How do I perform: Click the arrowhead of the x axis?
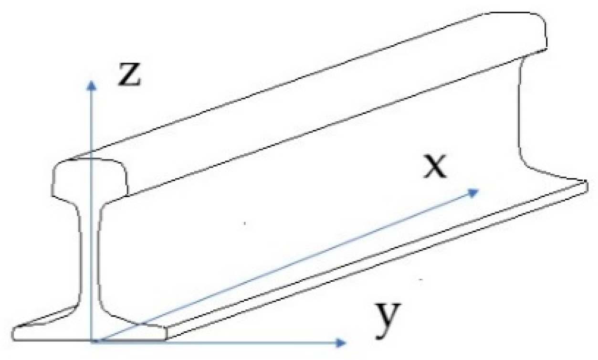pyautogui.click(x=474, y=191)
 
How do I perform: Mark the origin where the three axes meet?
pyautogui.click(x=93, y=341)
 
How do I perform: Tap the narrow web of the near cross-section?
pyautogui.click(x=89, y=258)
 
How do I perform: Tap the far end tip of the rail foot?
pyautogui.click(x=585, y=182)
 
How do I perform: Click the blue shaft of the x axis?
pyautogui.click(x=286, y=265)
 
